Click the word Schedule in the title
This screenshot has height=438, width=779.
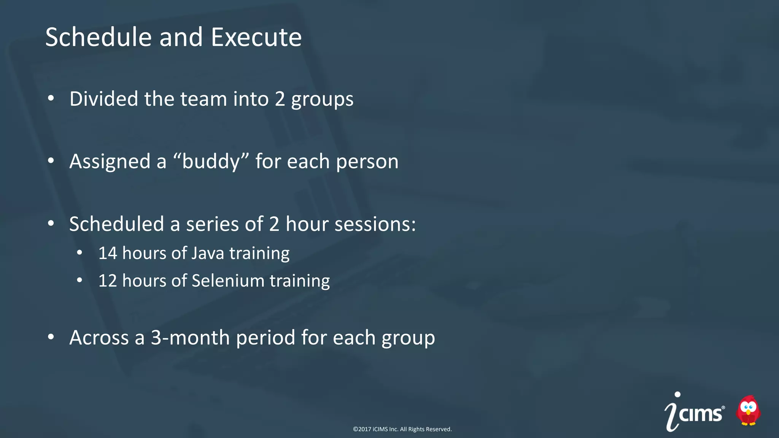(99, 37)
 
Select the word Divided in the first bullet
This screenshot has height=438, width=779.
(104, 99)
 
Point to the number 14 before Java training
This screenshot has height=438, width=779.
(107, 253)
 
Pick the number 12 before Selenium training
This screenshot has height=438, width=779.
(107, 281)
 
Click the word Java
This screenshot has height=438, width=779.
(208, 253)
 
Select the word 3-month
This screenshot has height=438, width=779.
(190, 338)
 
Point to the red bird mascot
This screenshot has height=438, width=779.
(748, 410)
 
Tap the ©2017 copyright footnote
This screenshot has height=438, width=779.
(402, 429)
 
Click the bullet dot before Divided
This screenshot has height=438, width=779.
(51, 99)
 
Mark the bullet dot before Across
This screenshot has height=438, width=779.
(51, 337)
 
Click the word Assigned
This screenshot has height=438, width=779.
(110, 161)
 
